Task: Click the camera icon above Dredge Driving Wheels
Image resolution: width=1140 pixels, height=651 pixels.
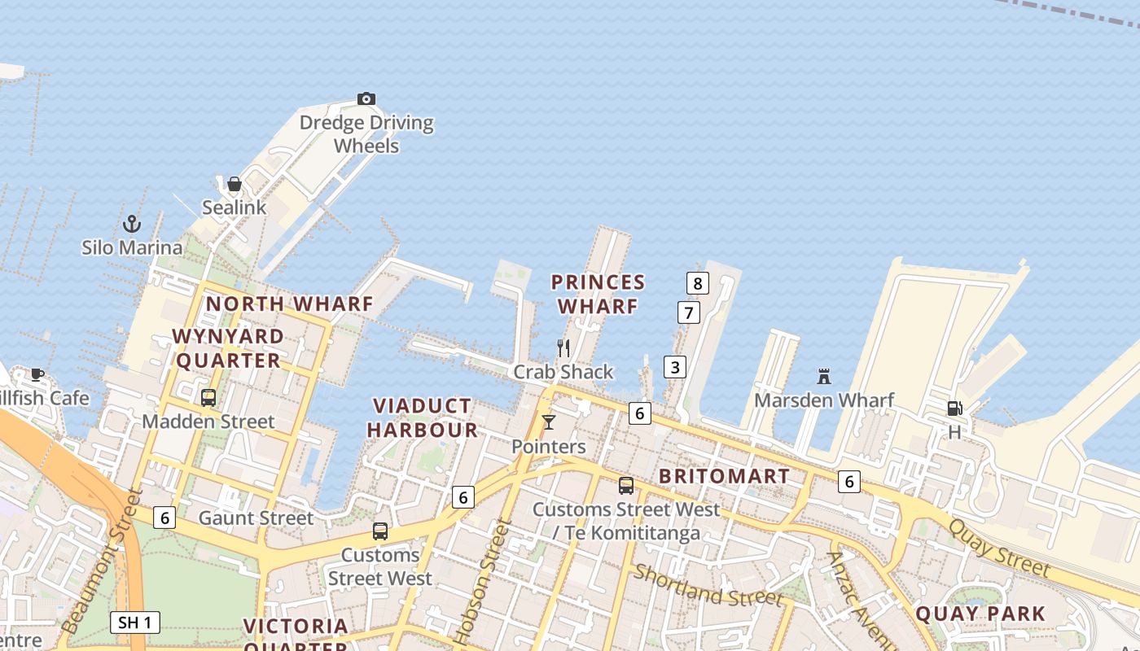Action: pyautogui.click(x=366, y=99)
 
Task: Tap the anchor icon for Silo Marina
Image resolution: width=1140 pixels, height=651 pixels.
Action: pyautogui.click(x=132, y=224)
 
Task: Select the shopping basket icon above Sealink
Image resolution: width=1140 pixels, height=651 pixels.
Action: pyautogui.click(x=235, y=184)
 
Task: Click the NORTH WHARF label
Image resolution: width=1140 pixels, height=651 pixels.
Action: pyautogui.click(x=289, y=304)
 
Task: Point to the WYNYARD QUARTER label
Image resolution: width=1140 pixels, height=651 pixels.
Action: pyautogui.click(x=228, y=348)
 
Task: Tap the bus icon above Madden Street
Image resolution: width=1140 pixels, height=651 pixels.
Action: pyautogui.click(x=208, y=398)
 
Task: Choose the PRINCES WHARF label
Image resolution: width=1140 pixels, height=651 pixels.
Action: pyautogui.click(x=598, y=295)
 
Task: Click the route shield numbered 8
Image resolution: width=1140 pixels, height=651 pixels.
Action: pyautogui.click(x=697, y=283)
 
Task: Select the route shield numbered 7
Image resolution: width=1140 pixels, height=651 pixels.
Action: pyautogui.click(x=689, y=312)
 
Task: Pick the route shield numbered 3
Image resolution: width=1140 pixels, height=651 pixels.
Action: pyautogui.click(x=674, y=367)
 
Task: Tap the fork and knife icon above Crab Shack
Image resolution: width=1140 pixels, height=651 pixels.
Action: pyautogui.click(x=563, y=348)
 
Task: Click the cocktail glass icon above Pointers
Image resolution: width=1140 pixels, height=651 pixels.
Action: pyautogui.click(x=549, y=422)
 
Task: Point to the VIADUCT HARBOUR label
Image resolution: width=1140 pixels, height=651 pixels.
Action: pyautogui.click(x=422, y=417)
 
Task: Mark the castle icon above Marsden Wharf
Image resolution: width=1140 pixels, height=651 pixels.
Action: pyautogui.click(x=824, y=376)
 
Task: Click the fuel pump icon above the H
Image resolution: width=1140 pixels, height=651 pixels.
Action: pyautogui.click(x=954, y=409)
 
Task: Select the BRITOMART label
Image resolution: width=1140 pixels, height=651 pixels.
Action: pyautogui.click(x=724, y=477)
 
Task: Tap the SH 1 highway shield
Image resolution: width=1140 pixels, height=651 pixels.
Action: pyautogui.click(x=135, y=623)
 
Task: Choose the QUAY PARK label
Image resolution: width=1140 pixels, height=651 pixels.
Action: pyautogui.click(x=980, y=614)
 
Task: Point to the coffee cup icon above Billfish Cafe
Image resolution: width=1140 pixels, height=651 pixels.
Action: pyautogui.click(x=37, y=374)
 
